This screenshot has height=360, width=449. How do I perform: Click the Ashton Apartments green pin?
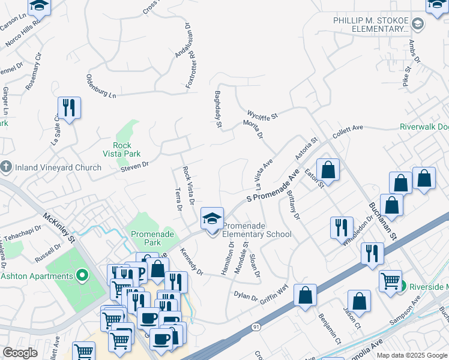coord(83,276)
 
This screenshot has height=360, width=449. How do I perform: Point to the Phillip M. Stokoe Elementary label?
coord(372,25)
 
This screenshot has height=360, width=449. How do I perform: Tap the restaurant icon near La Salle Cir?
coord(68,109)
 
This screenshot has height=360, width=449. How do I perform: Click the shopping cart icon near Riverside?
coord(390,280)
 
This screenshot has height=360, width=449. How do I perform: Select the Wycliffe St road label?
coord(263,113)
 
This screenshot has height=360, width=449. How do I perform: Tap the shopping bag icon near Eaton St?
coord(328,170)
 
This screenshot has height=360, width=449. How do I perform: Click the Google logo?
coord(20,353)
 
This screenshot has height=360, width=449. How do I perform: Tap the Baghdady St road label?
coord(218,110)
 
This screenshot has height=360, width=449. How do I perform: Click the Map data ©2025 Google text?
coord(411,355)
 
